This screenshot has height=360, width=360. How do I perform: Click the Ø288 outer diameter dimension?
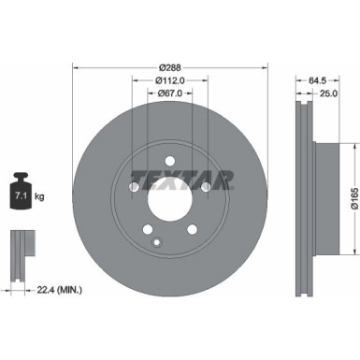pos(170,67)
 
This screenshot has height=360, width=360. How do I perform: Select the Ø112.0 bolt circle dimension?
pos(169,79)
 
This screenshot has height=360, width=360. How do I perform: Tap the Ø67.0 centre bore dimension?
pos(169,93)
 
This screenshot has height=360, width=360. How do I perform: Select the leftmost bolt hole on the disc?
pos(133,190)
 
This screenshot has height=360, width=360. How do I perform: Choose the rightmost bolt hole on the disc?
pos(206,190)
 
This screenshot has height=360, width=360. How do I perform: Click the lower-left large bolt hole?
pos(147,230)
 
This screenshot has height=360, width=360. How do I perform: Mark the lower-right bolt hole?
pos(192,230)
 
